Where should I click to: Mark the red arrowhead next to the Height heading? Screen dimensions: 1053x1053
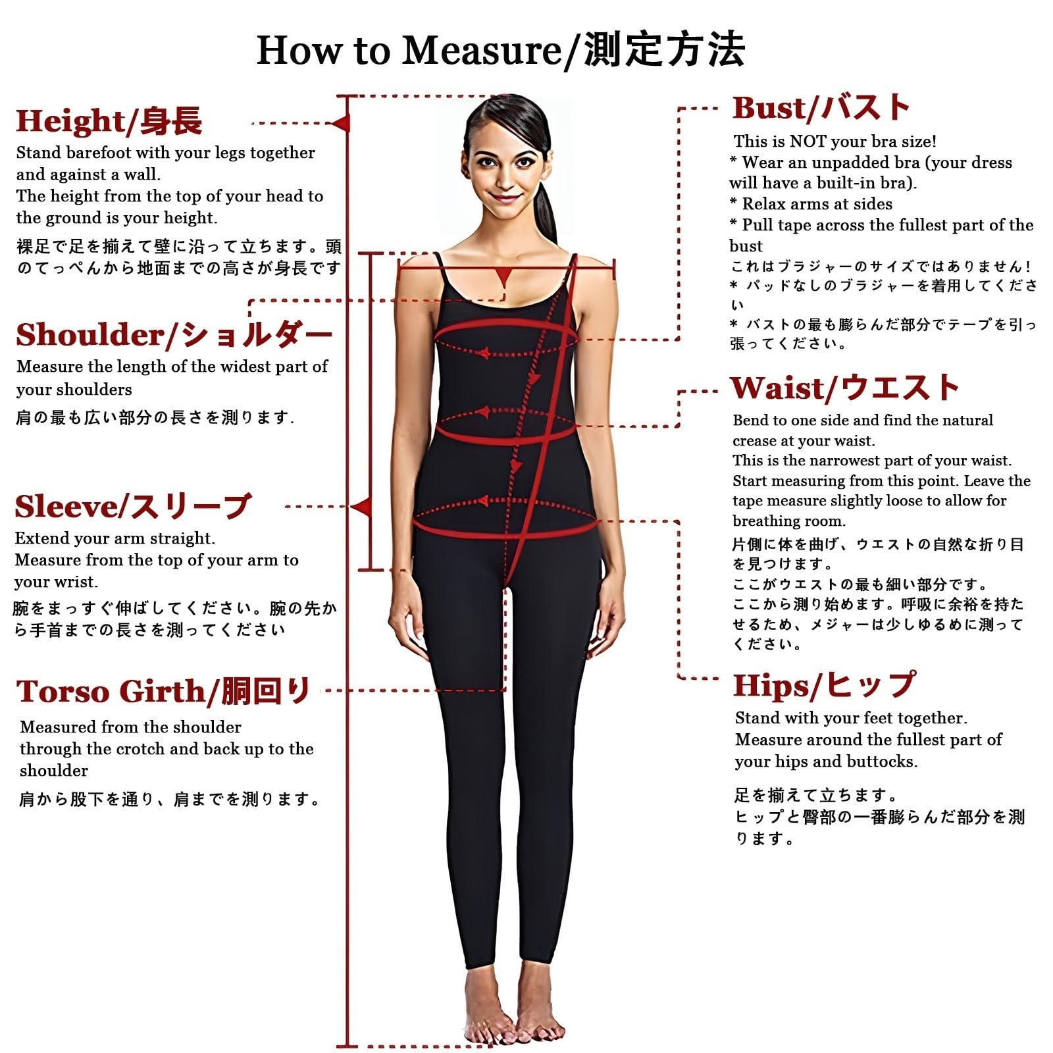click(341, 123)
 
